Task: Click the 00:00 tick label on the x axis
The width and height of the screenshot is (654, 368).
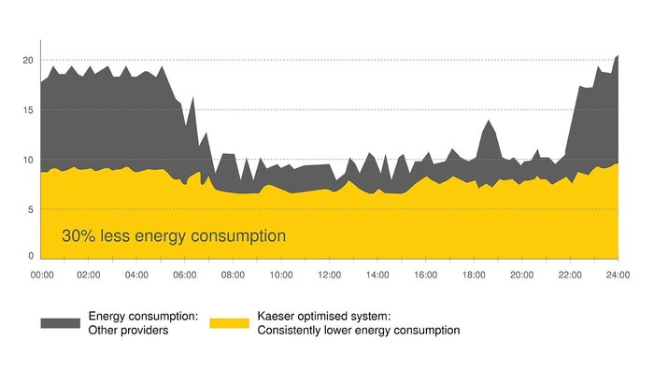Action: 42,276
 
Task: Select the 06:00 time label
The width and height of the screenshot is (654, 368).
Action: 185,276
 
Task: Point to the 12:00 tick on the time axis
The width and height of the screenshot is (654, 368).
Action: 329,276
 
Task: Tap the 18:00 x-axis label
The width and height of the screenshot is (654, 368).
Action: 474,276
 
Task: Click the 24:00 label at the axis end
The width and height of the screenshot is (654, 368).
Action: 618,276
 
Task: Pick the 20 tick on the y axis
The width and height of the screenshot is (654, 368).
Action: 28,60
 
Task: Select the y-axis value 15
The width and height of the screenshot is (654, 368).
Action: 28,110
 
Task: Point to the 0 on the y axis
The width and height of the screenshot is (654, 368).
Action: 30,255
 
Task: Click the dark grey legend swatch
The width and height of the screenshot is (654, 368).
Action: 60,323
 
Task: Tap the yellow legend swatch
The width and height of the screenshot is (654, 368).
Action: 229,323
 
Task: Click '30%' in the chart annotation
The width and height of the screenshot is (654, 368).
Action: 78,235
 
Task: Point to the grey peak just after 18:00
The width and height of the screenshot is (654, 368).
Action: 488,120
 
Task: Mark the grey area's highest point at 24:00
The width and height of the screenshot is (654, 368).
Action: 618,56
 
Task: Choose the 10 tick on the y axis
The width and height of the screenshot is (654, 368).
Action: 28,160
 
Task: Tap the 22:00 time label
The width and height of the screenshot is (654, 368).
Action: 570,276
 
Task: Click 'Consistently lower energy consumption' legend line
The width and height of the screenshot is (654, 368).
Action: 359,330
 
